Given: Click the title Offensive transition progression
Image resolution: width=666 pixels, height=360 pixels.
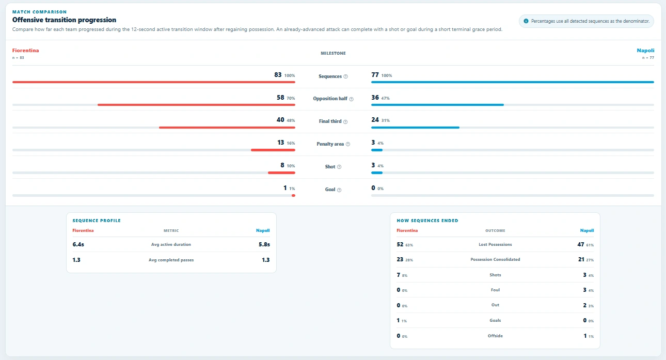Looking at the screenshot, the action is tap(64, 20).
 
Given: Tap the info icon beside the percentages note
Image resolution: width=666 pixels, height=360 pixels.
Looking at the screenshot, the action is tap(526, 21).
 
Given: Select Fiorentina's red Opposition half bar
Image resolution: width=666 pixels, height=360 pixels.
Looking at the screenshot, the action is tap(196, 105).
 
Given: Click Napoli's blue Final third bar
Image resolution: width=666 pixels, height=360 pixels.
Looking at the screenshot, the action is tap(415, 128).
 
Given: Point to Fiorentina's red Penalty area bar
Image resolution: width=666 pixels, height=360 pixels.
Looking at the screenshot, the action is tap(273, 150).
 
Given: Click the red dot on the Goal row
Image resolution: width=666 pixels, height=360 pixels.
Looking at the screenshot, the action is tap(293, 195).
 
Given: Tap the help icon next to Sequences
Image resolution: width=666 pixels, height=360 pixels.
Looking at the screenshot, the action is tap(345, 76).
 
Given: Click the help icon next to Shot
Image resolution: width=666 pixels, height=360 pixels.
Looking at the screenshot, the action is tap(339, 167).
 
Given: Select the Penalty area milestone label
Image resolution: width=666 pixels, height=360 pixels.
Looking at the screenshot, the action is tap(330, 144).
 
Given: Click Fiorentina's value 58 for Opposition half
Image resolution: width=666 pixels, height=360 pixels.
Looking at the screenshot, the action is tap(280, 98).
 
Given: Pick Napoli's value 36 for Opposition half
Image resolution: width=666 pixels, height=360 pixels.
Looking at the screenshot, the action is tap(375, 98).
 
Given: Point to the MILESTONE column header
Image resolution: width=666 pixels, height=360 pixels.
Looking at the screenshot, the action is tap(333, 53).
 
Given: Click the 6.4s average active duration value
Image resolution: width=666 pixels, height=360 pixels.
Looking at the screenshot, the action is tap(78, 244).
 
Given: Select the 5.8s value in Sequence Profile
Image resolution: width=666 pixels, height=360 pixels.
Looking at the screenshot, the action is tap(264, 244).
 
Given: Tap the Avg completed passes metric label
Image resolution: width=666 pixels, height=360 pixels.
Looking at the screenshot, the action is tap(171, 260).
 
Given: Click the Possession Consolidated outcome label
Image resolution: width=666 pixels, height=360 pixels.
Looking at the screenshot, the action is tap(495, 259).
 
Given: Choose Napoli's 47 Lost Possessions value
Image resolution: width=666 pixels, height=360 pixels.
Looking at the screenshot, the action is tap(581, 244).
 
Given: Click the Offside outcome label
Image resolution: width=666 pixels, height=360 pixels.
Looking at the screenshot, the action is tap(495, 336).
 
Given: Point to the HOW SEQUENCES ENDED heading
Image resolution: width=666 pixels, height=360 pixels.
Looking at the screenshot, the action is tap(427, 221).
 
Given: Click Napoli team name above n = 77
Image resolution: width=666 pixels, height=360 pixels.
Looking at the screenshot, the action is tap(645, 50).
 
